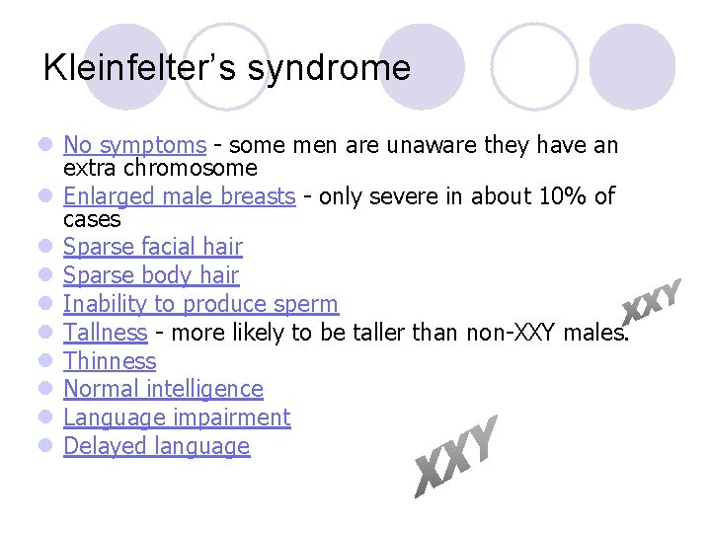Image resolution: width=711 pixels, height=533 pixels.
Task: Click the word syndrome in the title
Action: (x=329, y=68)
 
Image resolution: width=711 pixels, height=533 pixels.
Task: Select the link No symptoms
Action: (x=134, y=146)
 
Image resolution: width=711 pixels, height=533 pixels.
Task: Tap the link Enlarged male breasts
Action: (x=179, y=196)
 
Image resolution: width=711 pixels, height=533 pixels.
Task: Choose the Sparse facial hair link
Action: (x=152, y=247)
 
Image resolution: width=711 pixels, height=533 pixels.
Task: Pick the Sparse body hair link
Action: (x=151, y=275)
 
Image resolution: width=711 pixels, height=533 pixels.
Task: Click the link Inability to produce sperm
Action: (x=200, y=304)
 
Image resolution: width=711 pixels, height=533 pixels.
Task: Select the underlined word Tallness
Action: (x=105, y=333)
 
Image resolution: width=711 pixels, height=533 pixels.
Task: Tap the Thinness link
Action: (x=110, y=361)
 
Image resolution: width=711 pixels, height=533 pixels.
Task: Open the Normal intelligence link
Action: (x=163, y=389)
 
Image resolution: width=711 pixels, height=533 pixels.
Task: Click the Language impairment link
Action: (x=177, y=418)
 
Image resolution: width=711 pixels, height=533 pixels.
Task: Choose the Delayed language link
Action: (x=156, y=446)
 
